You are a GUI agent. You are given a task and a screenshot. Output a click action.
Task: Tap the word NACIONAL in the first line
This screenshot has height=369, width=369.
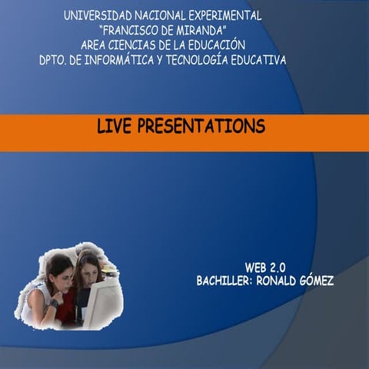pyautogui.click(x=161, y=15)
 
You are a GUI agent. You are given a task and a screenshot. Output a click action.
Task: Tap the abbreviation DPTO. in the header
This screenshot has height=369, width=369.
pyautogui.click(x=54, y=59)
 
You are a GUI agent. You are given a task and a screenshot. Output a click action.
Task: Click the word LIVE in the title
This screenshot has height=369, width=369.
pyautogui.click(x=115, y=125)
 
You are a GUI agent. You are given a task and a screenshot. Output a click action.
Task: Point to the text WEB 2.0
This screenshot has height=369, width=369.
pyautogui.click(x=265, y=267)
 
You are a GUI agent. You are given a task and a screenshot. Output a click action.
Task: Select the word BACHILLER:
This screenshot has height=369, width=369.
pyautogui.click(x=223, y=281)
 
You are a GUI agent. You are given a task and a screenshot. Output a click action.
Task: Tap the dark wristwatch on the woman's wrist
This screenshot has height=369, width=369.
pyautogui.click(x=53, y=302)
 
